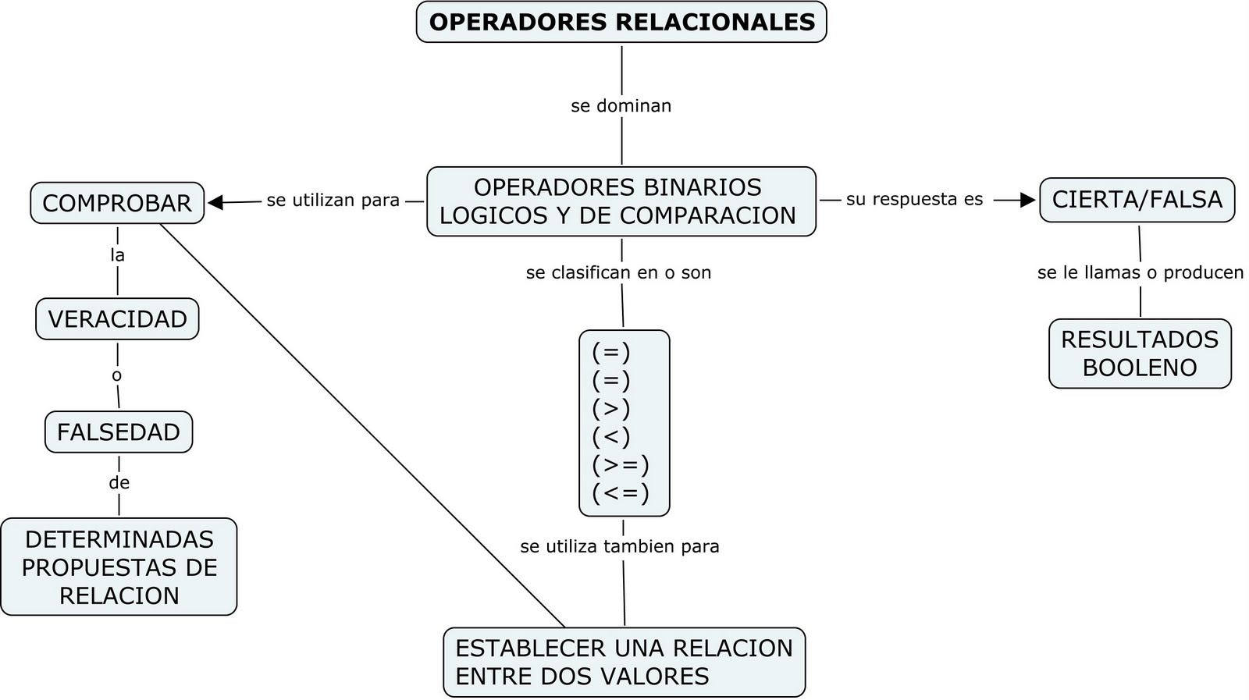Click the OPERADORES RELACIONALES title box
click(621, 22)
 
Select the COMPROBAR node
click(117, 203)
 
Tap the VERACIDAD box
click(117, 318)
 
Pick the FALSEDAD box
click(119, 432)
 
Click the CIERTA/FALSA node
click(1137, 200)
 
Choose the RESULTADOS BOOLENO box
click(1140, 354)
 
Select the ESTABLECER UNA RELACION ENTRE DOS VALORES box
click(624, 662)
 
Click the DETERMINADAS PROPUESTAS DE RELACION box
click(119, 567)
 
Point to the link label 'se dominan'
click(621, 105)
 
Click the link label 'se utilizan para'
click(333, 201)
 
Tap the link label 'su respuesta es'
click(914, 199)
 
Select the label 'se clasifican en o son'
click(618, 272)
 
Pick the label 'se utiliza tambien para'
click(620, 546)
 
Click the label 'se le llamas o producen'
click(1140, 272)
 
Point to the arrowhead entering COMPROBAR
click(215, 203)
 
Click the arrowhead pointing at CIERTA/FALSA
click(1027, 201)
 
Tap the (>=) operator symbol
click(621, 465)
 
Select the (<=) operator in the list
click(621, 493)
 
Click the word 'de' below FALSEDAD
click(119, 483)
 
